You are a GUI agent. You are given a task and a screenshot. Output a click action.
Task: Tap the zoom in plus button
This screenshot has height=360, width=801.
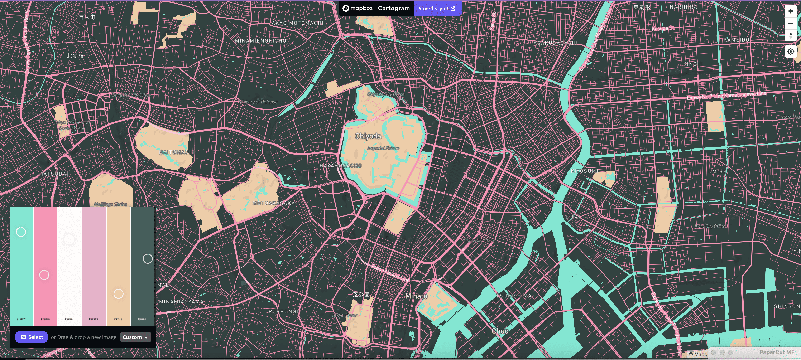click(x=790, y=11)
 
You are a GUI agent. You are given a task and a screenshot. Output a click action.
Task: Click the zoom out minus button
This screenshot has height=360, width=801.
click(x=790, y=23)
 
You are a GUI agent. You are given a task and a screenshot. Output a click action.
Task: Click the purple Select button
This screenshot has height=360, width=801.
click(x=31, y=337)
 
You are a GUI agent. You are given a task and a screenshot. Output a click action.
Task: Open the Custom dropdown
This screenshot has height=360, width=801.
click(x=135, y=337)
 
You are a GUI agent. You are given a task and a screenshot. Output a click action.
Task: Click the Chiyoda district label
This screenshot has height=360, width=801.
click(x=368, y=136)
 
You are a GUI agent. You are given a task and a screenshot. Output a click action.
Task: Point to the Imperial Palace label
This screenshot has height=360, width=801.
click(x=383, y=148)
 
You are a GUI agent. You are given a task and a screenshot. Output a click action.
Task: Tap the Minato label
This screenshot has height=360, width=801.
click(x=416, y=296)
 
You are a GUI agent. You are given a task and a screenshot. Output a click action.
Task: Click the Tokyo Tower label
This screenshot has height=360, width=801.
click(x=345, y=315)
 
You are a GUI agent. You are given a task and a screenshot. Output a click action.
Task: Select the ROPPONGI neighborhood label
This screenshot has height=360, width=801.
click(x=283, y=311)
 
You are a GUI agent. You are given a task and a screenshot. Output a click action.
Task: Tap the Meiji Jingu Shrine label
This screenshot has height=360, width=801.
click(x=111, y=204)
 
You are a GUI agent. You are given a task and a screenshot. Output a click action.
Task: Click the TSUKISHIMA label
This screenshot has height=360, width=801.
click(x=513, y=296)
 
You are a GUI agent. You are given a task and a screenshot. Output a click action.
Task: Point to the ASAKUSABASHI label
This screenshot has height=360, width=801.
click(x=555, y=43)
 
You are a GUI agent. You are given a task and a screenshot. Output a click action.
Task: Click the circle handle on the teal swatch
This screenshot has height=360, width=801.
click(x=21, y=232)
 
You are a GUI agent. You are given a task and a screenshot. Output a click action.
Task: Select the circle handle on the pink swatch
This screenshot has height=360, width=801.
click(x=44, y=275)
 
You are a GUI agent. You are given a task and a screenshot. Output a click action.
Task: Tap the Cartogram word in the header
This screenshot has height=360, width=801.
click(x=394, y=8)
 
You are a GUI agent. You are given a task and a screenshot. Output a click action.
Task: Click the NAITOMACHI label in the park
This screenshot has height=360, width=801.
click(x=176, y=152)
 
